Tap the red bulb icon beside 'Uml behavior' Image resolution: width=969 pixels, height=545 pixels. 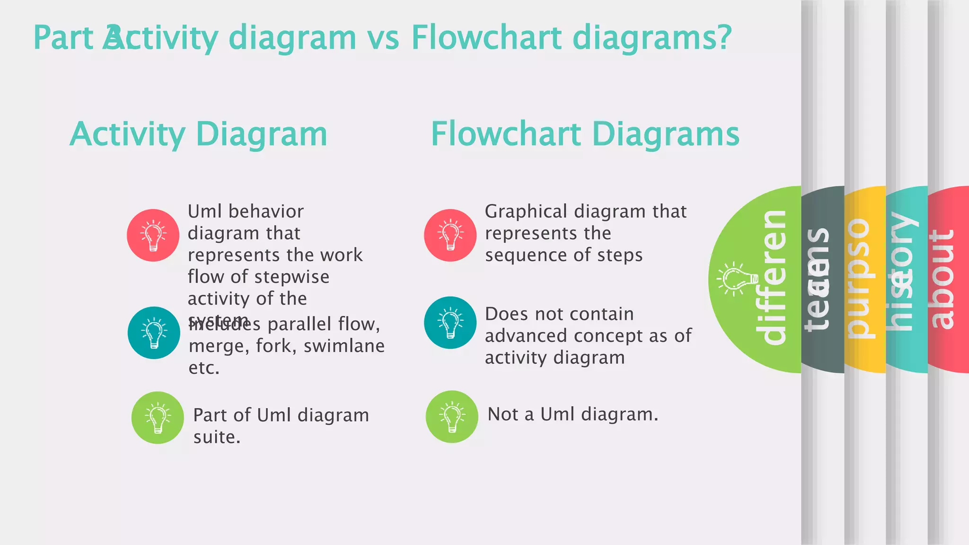click(153, 235)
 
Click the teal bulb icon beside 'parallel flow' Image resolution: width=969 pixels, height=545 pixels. click(154, 333)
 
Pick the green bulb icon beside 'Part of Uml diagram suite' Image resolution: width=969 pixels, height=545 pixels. click(158, 417)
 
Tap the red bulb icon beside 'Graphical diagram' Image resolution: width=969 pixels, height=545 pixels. click(450, 235)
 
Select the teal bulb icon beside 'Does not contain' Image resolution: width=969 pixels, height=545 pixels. click(450, 323)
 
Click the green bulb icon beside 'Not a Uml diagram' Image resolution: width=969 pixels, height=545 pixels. click(452, 416)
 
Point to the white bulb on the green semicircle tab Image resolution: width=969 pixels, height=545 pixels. click(736, 279)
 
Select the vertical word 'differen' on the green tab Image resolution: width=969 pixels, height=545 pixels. click(775, 277)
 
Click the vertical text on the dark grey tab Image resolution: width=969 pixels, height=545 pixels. click(818, 279)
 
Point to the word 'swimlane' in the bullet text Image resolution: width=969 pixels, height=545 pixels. click(344, 346)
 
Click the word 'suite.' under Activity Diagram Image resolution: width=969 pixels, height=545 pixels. click(217, 437)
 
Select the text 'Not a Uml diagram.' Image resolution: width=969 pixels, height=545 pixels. click(573, 414)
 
